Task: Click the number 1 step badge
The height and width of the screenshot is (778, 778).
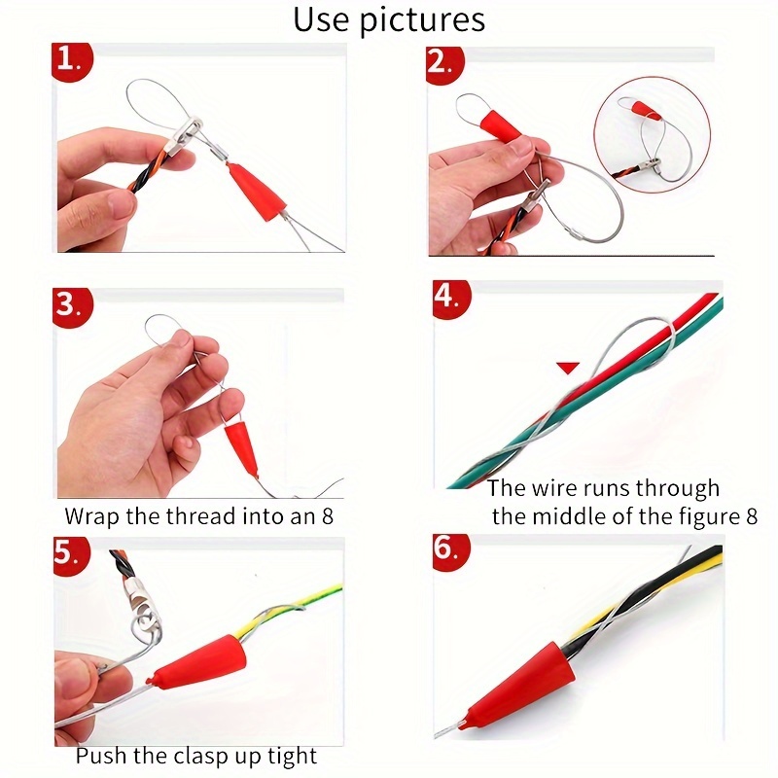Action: click(71, 60)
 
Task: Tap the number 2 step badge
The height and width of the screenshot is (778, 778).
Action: click(444, 64)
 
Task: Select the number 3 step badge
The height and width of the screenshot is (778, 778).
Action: click(72, 306)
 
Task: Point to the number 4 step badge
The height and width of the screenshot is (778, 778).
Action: click(451, 299)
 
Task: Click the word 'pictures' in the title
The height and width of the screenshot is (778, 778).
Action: click(422, 20)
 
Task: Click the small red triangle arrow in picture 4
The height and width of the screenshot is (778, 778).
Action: click(568, 368)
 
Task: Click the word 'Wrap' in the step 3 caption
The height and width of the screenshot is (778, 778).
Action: click(92, 517)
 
